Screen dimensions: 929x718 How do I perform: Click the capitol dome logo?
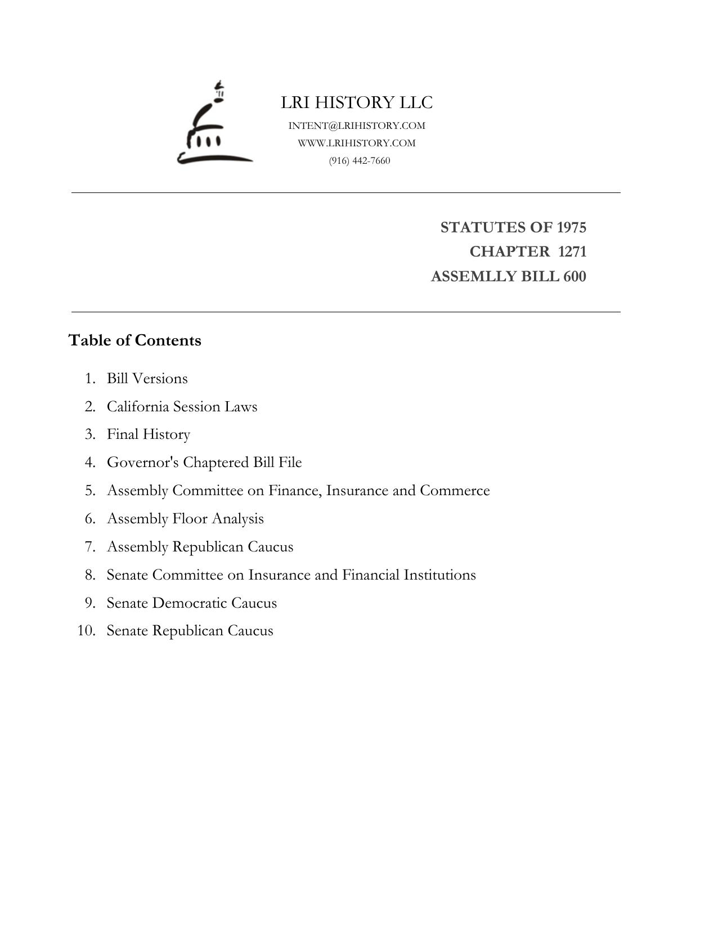click(214, 127)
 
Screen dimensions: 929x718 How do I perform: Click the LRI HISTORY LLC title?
click(357, 102)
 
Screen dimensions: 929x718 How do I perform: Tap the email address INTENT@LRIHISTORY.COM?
click(357, 125)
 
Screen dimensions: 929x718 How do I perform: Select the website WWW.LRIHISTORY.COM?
click(357, 143)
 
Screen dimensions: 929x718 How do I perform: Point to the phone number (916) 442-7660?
click(360, 160)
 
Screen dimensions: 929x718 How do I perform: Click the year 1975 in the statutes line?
click(571, 227)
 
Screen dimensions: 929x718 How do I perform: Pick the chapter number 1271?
click(572, 252)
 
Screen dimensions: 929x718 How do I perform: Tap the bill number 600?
click(574, 276)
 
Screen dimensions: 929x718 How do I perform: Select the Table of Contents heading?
click(134, 340)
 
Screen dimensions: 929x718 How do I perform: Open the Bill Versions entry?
click(147, 378)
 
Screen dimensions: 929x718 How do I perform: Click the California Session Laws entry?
click(182, 406)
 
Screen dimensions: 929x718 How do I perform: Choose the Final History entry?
click(149, 434)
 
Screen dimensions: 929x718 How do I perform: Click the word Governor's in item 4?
click(143, 463)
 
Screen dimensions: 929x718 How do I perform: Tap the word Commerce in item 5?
click(455, 491)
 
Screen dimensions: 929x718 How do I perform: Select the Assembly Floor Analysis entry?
click(185, 519)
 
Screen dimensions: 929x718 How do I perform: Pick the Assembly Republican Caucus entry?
click(200, 547)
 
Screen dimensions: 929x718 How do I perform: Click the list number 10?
click(86, 631)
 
